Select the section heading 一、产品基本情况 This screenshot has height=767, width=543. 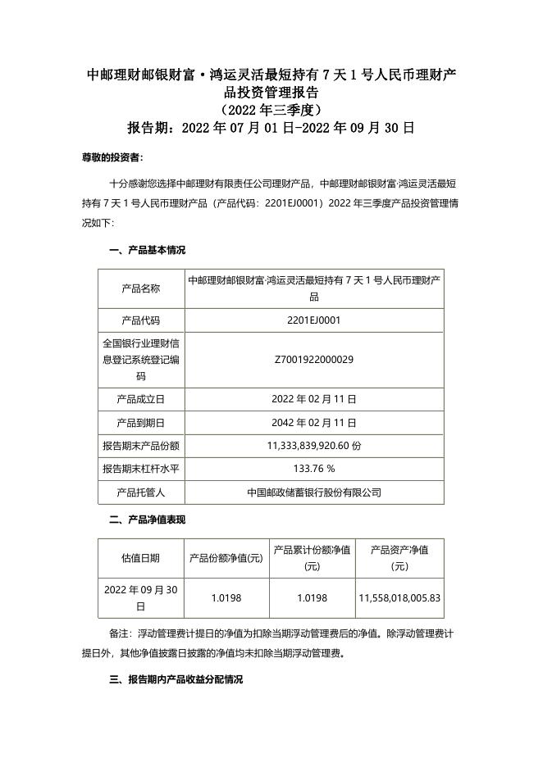point(148,251)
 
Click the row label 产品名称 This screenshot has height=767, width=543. point(141,288)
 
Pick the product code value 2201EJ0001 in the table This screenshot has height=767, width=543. point(314,320)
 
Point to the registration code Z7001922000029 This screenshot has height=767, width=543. point(314,359)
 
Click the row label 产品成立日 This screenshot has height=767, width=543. point(141,399)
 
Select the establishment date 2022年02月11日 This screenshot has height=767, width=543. point(314,399)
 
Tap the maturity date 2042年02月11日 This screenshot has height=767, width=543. point(314,423)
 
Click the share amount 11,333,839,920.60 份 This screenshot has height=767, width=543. point(314,446)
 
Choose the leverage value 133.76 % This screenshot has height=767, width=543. point(314,469)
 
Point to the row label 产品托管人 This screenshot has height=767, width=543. point(141,492)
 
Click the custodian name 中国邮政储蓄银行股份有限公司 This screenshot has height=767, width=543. point(314,492)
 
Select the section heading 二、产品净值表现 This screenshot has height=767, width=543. point(148,520)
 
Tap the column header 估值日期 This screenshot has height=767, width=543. point(141,557)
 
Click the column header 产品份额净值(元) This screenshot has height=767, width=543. point(226,557)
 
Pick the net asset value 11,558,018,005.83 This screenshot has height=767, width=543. point(399,598)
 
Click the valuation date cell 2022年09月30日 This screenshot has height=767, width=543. point(141,598)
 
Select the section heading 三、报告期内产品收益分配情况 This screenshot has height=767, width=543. point(176,680)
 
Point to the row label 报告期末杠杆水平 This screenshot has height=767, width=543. point(141,469)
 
